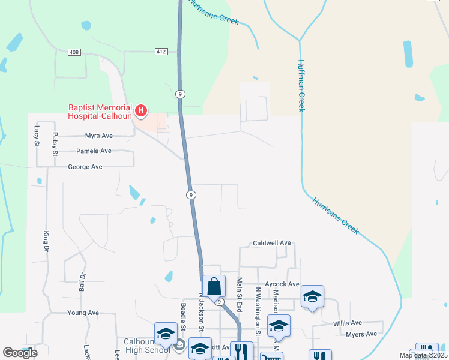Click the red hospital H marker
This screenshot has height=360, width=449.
[141, 110]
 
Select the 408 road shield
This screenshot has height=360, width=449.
[74, 52]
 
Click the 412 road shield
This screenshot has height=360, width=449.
[160, 52]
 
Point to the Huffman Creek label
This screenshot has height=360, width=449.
[301, 85]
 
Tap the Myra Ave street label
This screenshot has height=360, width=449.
[99, 136]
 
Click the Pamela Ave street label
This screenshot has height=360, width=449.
[94, 151]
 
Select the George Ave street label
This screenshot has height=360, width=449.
[85, 167]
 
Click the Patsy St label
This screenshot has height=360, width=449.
[55, 144]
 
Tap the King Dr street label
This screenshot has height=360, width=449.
[45, 238]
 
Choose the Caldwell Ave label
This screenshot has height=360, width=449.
[271, 243]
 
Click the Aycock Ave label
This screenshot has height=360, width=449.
[281, 284]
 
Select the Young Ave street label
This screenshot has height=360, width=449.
[83, 313]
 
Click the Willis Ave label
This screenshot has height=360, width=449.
[347, 323]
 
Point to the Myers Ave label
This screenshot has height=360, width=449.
[362, 334]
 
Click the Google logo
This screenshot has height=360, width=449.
[20, 353]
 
